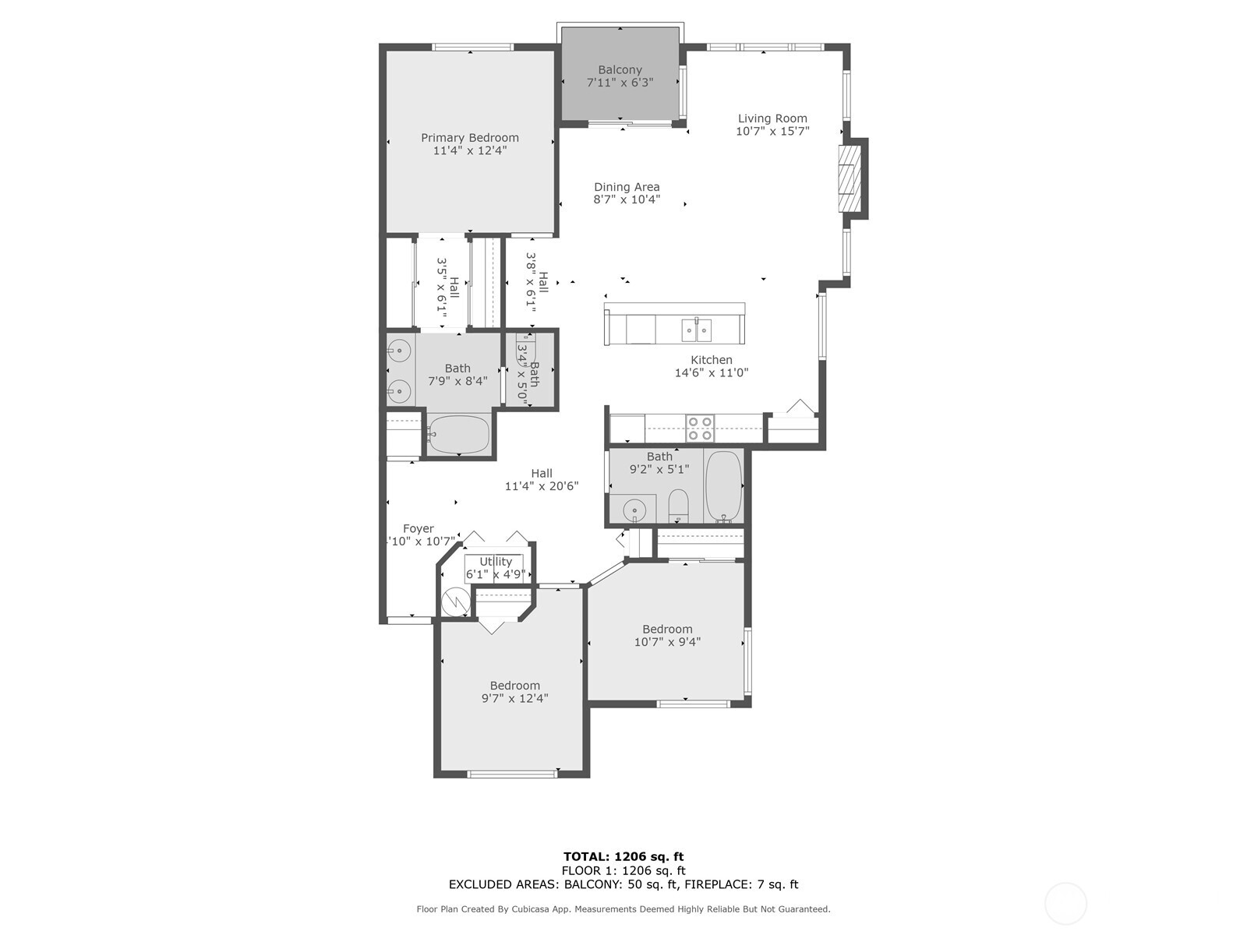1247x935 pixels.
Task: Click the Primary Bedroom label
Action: tap(469, 138)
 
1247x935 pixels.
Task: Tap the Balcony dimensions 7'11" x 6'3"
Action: tap(620, 83)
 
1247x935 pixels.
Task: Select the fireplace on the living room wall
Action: tap(849, 179)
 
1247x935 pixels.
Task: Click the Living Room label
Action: tap(772, 118)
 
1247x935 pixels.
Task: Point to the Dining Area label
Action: tap(627, 187)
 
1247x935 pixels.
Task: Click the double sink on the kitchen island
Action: tap(696, 330)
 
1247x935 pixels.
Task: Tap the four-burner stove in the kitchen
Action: tap(699, 428)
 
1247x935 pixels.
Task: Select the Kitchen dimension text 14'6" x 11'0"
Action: tap(711, 373)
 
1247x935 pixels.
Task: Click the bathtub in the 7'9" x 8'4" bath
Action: tap(458, 435)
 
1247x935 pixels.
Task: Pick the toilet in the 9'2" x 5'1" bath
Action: tap(679, 506)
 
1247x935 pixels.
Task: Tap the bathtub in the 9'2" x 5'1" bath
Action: tap(723, 487)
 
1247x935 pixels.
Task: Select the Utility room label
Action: tap(496, 562)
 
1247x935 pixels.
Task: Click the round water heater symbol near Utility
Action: tap(454, 602)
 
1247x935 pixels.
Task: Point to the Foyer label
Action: tap(419, 529)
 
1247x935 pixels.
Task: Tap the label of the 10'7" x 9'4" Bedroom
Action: tap(667, 630)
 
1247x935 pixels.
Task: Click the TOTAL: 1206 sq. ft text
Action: tap(623, 856)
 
